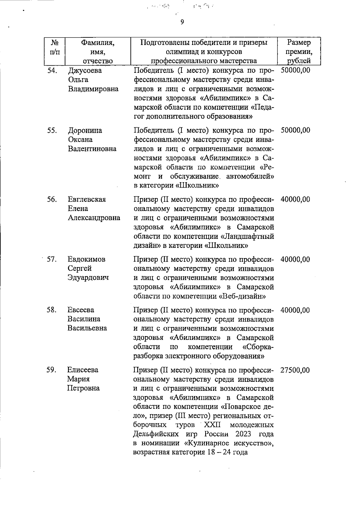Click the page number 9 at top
182,22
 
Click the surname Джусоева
85,71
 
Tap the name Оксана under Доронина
80,140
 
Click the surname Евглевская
87,200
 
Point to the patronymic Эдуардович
88,278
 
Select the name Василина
84,319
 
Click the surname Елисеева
82,370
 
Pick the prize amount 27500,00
295,370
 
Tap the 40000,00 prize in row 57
295,260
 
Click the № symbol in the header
54,43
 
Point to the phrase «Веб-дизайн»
243,296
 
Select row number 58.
52,310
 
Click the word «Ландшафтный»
247,236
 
